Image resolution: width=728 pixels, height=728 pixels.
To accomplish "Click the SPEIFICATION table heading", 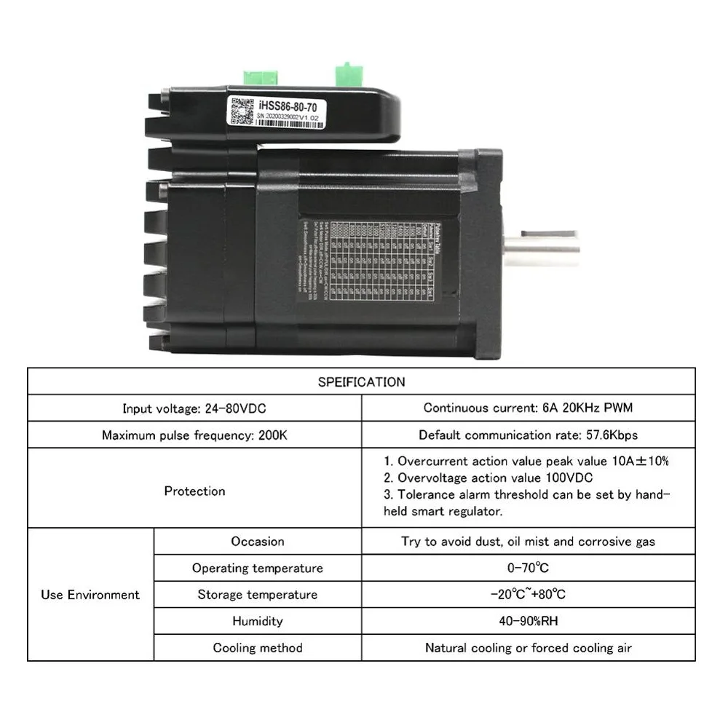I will [361, 381].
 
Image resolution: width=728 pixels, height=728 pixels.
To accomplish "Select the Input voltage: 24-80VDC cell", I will [194, 408].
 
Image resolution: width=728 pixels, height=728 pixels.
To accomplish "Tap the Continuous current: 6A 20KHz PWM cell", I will [528, 408].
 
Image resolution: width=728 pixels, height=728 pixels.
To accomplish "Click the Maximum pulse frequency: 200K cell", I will [194, 435].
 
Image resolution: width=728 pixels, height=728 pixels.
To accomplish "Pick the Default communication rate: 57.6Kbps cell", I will [528, 435].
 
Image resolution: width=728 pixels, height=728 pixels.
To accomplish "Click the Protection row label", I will [194, 491].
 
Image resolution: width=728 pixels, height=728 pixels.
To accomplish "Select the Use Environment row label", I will [90, 595].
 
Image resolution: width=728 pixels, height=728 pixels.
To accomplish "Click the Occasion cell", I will [258, 542].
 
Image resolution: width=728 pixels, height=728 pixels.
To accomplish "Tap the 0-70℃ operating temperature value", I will [528, 568].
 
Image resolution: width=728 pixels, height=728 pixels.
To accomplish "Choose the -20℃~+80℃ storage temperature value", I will [528, 595].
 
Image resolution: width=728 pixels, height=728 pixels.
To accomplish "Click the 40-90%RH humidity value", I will [528, 621].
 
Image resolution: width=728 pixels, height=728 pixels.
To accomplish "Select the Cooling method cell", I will [258, 648].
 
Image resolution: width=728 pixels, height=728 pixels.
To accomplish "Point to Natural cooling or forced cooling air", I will [528, 648].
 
